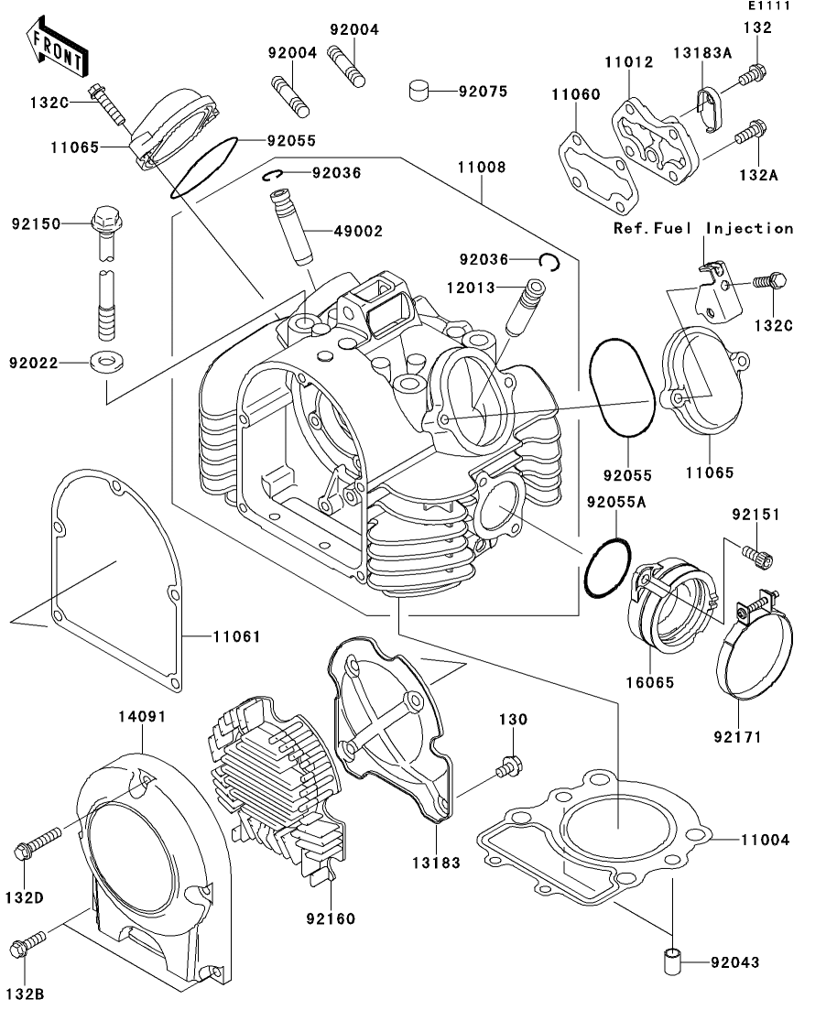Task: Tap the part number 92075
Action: pyautogui.click(x=483, y=92)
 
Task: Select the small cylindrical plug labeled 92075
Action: pyautogui.click(x=418, y=91)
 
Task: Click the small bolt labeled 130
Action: pyautogui.click(x=510, y=766)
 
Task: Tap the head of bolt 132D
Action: pyautogui.click(x=22, y=853)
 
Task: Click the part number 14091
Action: pyautogui.click(x=142, y=716)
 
